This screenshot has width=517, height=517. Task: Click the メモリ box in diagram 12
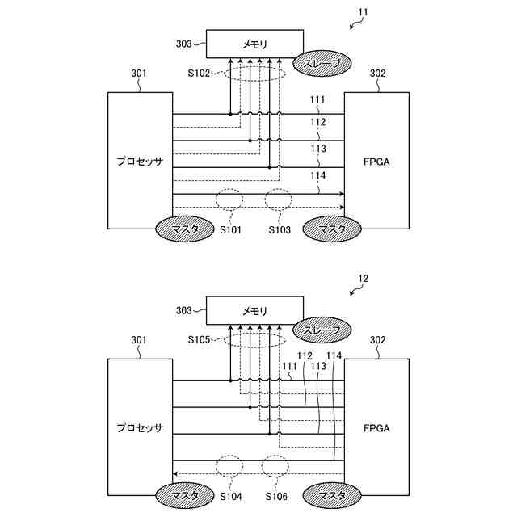coord(255,310)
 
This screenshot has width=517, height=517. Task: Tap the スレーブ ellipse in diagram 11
coord(322,63)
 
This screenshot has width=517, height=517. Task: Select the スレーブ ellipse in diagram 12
coord(322,330)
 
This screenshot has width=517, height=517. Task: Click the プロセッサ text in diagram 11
coord(140,162)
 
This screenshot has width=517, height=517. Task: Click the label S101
coord(230,229)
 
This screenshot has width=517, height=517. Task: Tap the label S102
coord(199,74)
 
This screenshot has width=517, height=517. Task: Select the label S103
coord(279,229)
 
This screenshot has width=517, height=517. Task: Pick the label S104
coord(230,495)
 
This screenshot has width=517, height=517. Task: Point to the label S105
coord(199,340)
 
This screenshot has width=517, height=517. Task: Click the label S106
coord(279,495)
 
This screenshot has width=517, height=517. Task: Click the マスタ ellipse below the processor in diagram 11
coord(185,229)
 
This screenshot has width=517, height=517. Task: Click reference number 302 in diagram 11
coord(377,74)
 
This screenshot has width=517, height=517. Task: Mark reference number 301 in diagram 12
coord(138,340)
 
